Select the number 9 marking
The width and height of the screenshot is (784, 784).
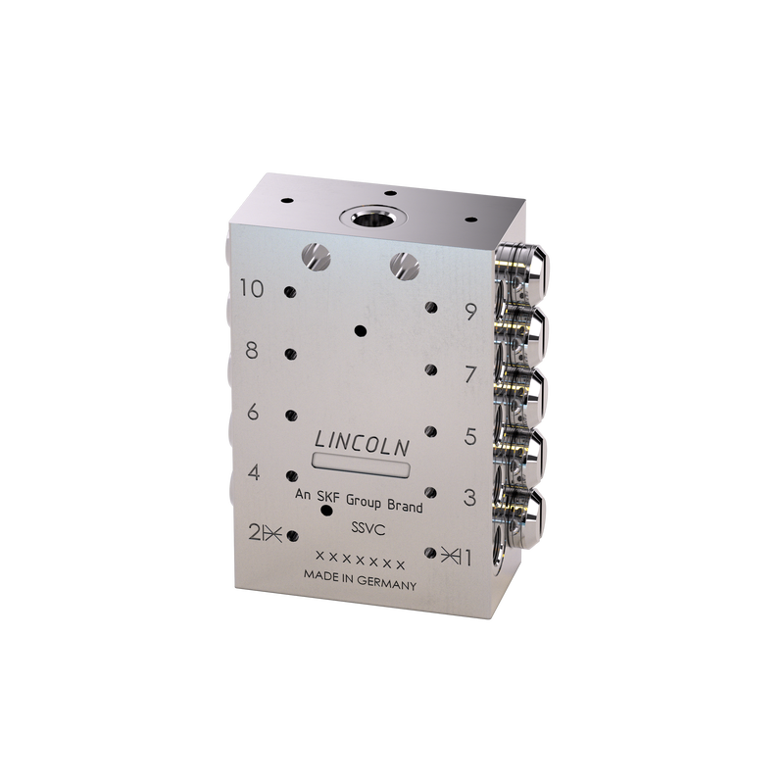(x=468, y=313)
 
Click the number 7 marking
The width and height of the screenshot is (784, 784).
(x=468, y=374)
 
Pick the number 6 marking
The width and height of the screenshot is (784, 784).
(x=253, y=412)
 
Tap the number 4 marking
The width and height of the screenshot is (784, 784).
(x=254, y=472)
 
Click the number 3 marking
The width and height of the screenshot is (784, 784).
(x=468, y=498)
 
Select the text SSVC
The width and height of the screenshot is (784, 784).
(x=366, y=528)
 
